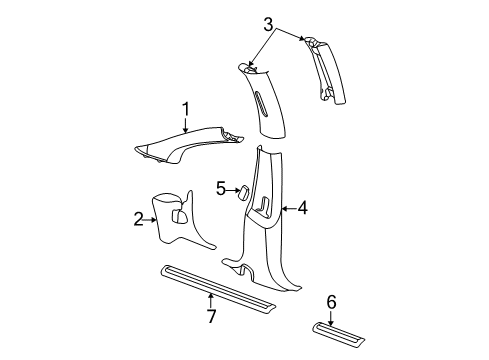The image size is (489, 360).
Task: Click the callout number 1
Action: [185, 109]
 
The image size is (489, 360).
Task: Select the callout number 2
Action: [139, 219]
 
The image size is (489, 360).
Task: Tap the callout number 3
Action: [268, 23]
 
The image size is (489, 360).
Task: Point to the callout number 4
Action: [301, 208]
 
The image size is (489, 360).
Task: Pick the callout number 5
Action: [220, 187]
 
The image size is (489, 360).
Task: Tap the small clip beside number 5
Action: [243, 191]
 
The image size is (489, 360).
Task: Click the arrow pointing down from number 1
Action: [185, 123]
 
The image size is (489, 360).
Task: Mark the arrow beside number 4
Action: [288, 208]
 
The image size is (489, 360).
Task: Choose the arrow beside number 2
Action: [152, 219]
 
